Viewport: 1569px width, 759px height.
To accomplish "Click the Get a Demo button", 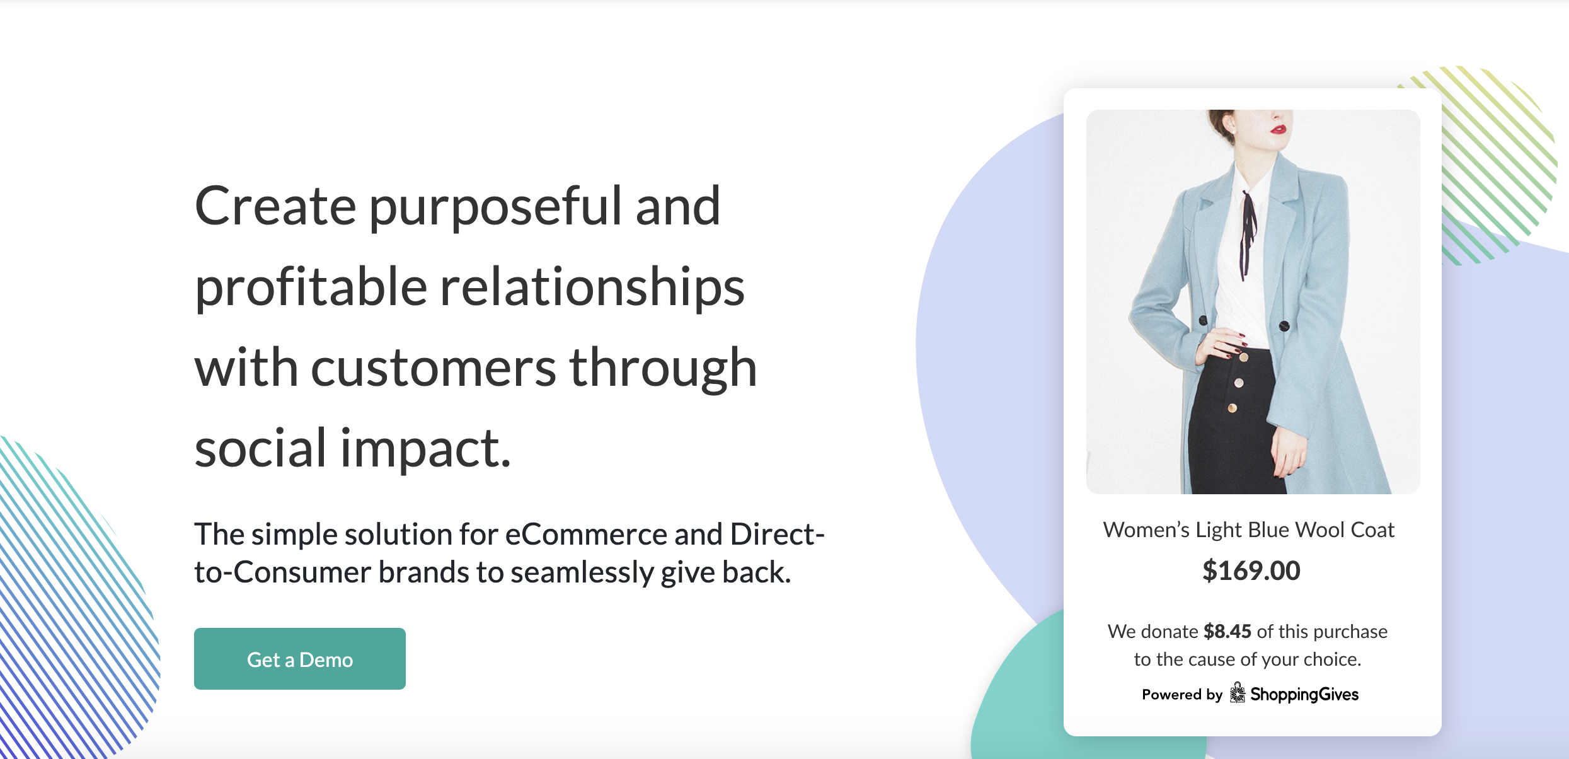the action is [299, 658].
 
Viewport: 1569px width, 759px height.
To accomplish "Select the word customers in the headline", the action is [433, 368].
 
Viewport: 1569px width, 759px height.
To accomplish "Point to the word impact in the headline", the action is [425, 449].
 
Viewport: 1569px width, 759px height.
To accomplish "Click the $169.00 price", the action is [1251, 571].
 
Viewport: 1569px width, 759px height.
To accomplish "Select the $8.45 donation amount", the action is [1227, 631].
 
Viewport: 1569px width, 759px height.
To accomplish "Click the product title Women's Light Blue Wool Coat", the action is [1249, 530].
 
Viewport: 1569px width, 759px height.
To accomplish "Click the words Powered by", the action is [1182, 694].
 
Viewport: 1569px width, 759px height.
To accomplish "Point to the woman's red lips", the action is [1278, 129].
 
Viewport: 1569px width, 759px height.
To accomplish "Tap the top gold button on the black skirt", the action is [1243, 358].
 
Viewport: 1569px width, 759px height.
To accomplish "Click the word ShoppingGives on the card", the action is [1304, 694].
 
